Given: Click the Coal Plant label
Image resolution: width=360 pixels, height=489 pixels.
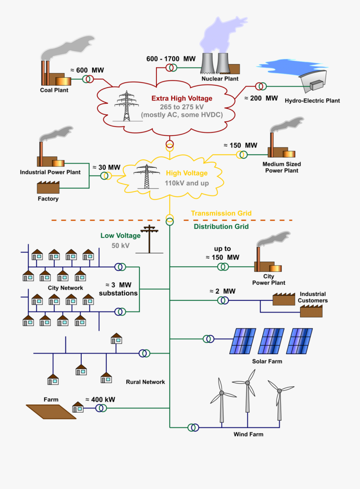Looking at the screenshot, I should pyautogui.click(x=54, y=90).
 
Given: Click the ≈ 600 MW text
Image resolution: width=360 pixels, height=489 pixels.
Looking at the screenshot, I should pyautogui.click(x=87, y=70).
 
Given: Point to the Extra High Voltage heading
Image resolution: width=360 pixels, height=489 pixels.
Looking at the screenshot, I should pyautogui.click(x=182, y=98).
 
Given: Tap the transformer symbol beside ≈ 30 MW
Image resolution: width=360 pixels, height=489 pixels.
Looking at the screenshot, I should pyautogui.click(x=106, y=176).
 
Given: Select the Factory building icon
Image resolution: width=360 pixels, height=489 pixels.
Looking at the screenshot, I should pyautogui.click(x=48, y=187).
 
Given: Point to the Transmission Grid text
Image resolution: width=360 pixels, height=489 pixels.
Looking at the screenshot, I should pyautogui.click(x=221, y=213).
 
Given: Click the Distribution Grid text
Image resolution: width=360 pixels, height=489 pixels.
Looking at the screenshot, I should pyautogui.click(x=221, y=226).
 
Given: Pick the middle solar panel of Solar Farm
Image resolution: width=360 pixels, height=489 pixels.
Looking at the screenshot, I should pyautogui.click(x=271, y=341).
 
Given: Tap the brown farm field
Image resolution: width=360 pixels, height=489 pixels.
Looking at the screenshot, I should pyautogui.click(x=51, y=411).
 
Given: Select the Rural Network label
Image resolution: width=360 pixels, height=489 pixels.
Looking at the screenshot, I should pyautogui.click(x=145, y=382).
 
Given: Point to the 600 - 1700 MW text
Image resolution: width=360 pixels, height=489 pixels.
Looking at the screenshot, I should pyautogui.click(x=171, y=59).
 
